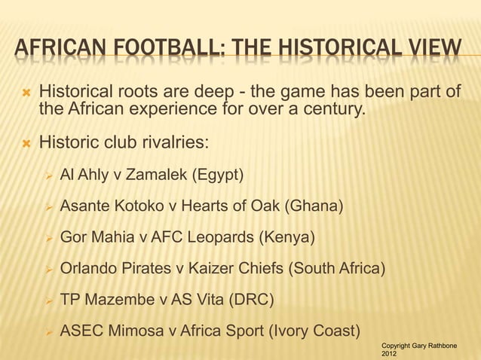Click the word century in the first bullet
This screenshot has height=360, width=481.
click(330, 111)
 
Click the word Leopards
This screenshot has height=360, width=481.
click(220, 238)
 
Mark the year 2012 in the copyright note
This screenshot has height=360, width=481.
click(390, 353)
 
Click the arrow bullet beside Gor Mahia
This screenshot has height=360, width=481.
click(47, 238)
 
